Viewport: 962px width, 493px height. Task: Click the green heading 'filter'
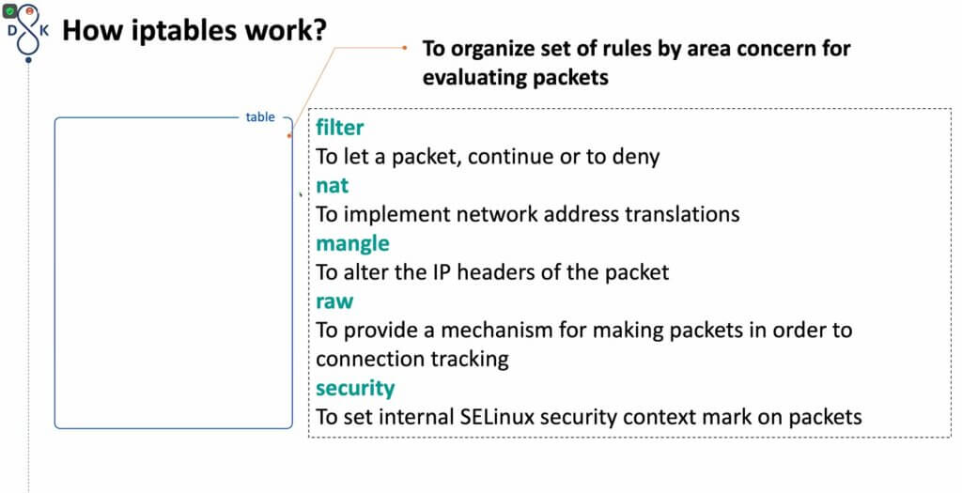point(339,128)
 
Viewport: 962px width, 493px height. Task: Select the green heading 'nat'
point(332,185)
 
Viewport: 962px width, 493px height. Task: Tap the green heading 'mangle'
point(352,244)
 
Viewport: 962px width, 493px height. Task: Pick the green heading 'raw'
point(334,301)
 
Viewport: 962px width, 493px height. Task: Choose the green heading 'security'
point(355,389)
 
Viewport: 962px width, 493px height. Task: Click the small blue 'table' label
point(260,117)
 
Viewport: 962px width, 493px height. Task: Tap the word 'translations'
point(682,214)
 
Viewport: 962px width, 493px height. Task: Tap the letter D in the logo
point(11,29)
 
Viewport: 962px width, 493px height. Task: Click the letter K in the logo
point(44,29)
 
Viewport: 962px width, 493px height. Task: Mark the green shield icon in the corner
point(9,10)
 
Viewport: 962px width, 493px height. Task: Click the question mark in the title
point(319,29)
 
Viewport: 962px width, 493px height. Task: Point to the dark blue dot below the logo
point(28,60)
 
